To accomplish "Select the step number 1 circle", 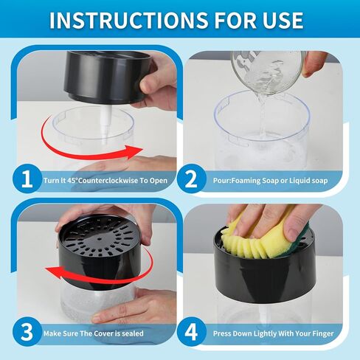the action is [27, 179].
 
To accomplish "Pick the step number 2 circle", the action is [191, 179].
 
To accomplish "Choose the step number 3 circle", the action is [27, 332].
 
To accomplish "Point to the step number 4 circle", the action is [191, 332].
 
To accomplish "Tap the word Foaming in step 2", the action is [246, 181].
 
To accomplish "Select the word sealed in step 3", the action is [133, 333].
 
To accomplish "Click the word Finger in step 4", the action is [323, 333].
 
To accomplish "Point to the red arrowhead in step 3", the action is [54, 272].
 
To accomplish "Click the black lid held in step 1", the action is [108, 77].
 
